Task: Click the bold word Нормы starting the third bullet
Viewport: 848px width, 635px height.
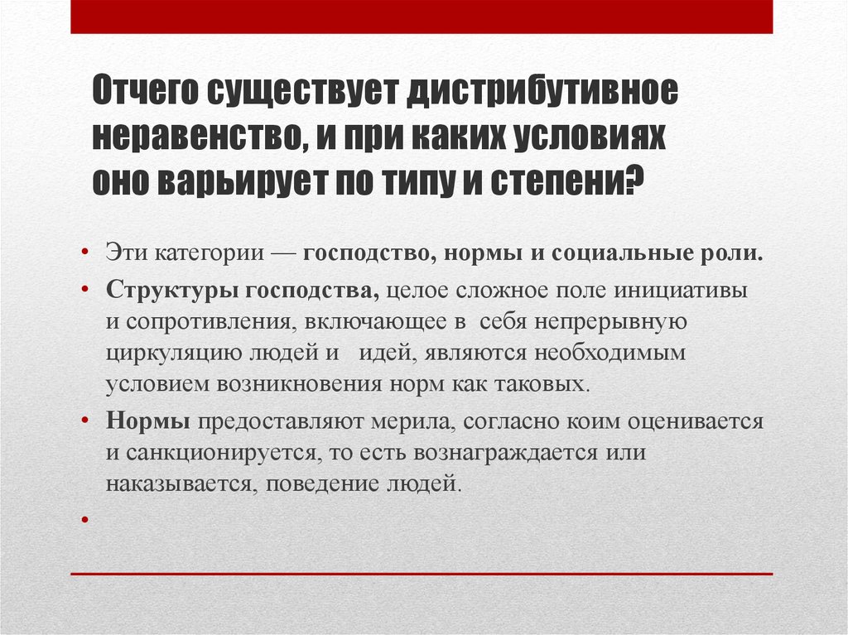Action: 149,421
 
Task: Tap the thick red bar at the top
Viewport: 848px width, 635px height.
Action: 422,17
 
